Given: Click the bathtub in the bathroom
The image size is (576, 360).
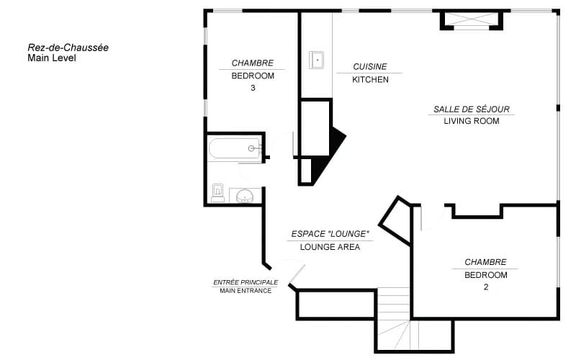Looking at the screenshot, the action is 235,148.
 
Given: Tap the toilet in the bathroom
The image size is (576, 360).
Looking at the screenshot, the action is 218,193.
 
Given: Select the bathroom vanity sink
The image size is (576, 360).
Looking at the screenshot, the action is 245,195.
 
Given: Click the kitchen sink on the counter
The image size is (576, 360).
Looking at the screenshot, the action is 316,60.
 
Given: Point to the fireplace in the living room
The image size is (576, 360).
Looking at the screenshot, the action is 472,21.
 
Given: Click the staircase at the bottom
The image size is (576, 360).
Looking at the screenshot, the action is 394,318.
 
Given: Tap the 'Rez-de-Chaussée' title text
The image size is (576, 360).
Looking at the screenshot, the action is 68,48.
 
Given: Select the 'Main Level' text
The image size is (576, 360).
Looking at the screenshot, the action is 52,58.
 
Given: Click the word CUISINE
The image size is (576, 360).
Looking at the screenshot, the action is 370,67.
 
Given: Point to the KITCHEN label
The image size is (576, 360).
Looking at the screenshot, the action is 370,80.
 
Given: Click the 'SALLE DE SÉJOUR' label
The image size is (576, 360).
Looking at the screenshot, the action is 472,109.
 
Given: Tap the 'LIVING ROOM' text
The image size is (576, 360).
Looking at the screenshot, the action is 472,121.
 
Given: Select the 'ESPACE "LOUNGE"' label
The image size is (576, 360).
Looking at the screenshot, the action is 330,234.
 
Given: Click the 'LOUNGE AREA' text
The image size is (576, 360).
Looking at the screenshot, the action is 330,247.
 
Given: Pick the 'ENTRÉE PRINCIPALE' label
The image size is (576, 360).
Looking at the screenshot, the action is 246,282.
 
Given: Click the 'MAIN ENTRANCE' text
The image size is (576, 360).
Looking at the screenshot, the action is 246,291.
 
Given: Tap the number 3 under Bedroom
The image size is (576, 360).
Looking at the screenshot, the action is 253,88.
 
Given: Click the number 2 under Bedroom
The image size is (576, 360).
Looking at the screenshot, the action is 486,287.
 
